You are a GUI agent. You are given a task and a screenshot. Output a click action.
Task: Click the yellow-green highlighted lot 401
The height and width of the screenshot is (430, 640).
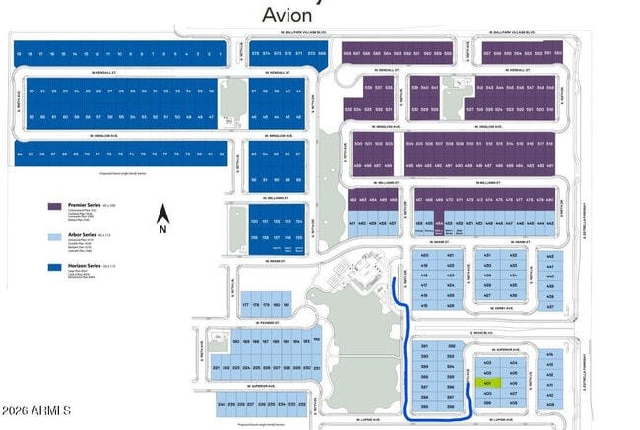point(487,382)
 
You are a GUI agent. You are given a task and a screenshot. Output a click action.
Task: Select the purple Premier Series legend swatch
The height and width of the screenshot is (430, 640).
point(55,207)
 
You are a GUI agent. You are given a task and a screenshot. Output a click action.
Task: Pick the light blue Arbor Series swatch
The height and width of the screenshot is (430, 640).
point(55,237)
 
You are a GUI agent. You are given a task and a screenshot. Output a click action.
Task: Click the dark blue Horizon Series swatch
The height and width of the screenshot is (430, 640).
point(55,268)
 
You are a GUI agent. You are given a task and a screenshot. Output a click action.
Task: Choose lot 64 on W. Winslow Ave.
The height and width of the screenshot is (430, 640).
point(19,154)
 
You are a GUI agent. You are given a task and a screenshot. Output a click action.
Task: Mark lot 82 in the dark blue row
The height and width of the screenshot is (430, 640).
point(222,154)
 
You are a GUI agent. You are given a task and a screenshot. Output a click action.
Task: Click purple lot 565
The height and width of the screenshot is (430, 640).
point(346,54)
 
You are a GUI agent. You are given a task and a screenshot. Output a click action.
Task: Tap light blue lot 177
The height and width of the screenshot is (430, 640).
point(245,305)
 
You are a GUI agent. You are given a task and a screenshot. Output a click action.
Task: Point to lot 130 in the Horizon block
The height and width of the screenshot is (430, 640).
point(254,223)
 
